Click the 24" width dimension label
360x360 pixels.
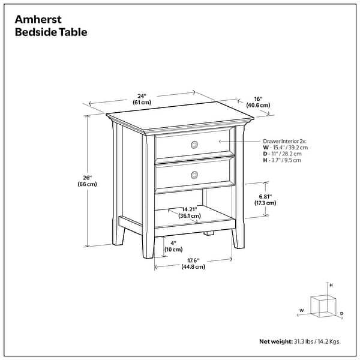(x=142, y=95)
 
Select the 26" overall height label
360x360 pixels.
(x=88, y=178)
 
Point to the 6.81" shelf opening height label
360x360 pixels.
(x=265, y=196)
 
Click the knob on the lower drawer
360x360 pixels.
(x=194, y=175)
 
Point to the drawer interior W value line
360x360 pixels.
(x=284, y=147)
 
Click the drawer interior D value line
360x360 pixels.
(x=282, y=154)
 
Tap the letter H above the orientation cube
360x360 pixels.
(x=331, y=286)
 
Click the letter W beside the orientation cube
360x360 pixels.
(x=301, y=310)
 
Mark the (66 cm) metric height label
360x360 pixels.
(x=88, y=184)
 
